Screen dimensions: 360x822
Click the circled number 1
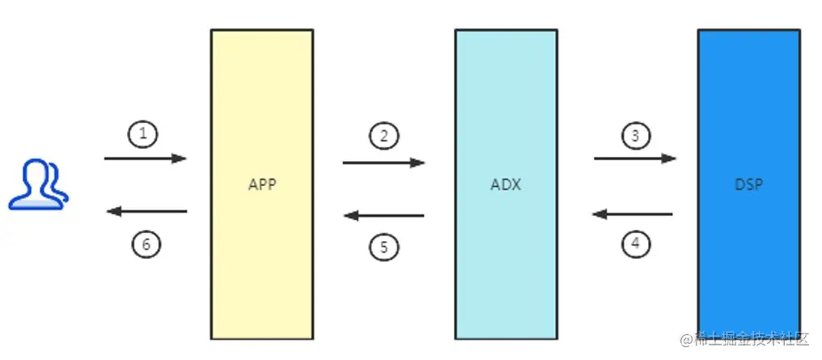click(143, 134)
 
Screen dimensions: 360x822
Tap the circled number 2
click(383, 136)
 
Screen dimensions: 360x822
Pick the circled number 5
click(383, 246)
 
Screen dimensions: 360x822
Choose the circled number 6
click(146, 242)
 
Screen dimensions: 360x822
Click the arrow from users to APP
click(146, 159)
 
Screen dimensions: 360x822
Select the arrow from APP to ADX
click(383, 163)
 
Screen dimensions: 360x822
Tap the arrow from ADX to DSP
click(635, 159)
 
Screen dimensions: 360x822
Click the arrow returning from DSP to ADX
click(632, 214)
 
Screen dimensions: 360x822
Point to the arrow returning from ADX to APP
click(383, 215)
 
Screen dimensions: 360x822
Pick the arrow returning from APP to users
click(146, 212)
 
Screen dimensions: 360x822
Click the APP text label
click(262, 184)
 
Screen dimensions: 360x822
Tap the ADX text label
click(506, 184)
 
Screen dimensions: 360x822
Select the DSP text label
click(749, 184)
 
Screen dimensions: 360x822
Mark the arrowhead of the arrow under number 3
click(668, 159)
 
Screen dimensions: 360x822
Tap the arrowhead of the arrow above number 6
click(114, 212)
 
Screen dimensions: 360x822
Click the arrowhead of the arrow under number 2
click(417, 163)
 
